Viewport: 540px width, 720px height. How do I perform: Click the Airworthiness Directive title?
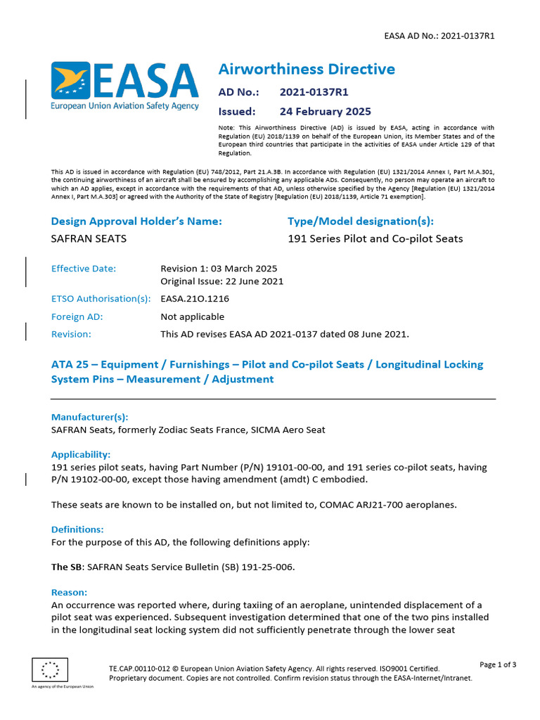click(x=307, y=69)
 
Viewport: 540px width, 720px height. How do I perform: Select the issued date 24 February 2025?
click(x=325, y=111)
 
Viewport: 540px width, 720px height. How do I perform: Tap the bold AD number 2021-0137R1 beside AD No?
click(x=314, y=92)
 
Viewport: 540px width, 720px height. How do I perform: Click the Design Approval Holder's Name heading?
click(x=136, y=221)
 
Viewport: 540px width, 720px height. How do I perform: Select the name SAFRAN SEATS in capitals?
click(x=89, y=238)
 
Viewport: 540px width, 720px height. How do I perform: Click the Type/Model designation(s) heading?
click(x=361, y=221)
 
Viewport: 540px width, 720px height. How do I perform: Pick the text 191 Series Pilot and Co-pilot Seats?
click(x=375, y=238)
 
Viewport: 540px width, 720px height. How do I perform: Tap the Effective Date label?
click(x=84, y=269)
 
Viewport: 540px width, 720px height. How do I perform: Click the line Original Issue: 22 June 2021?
click(x=221, y=281)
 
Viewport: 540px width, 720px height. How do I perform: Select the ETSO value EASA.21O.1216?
click(x=195, y=299)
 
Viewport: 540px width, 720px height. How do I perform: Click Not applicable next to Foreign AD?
click(x=192, y=316)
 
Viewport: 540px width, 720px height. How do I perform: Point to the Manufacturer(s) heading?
click(x=89, y=417)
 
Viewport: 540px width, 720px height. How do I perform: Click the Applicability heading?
click(x=81, y=455)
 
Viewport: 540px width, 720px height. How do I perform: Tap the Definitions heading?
click(x=77, y=529)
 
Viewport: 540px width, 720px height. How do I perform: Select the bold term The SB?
click(x=67, y=567)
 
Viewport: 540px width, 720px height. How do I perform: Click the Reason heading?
click(x=69, y=593)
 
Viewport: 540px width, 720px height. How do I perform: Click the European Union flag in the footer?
click(x=50, y=670)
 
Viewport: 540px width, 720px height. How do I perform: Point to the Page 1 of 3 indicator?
click(x=498, y=664)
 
